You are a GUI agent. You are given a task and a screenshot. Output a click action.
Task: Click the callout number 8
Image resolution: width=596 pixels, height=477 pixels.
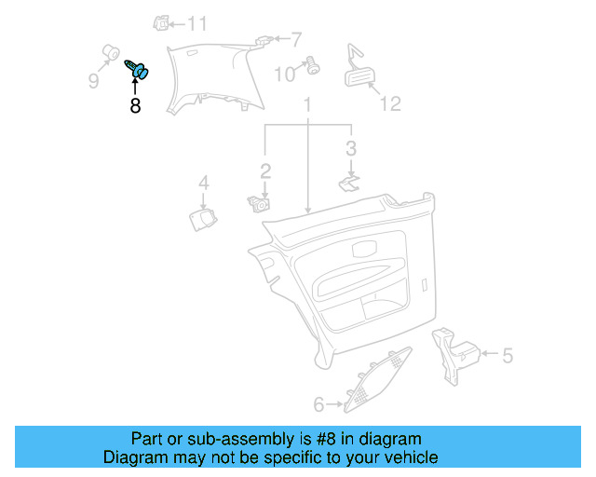pyautogui.click(x=136, y=106)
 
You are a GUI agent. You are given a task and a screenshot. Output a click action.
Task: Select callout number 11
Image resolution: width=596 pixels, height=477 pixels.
pyautogui.click(x=197, y=23)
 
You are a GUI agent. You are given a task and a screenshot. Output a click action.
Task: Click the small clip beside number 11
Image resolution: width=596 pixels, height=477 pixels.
pyautogui.click(x=162, y=22)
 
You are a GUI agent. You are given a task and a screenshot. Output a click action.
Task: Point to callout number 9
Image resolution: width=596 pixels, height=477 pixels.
pyautogui.click(x=94, y=81)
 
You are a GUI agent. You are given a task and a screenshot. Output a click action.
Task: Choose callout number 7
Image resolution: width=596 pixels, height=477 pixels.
pyautogui.click(x=296, y=40)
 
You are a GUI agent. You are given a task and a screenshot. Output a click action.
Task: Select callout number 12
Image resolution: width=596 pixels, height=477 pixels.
pyautogui.click(x=390, y=102)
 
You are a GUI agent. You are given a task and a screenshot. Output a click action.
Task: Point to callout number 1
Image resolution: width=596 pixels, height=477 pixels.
pyautogui.click(x=307, y=109)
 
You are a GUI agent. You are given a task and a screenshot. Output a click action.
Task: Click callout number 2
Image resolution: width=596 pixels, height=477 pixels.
pyautogui.click(x=265, y=170)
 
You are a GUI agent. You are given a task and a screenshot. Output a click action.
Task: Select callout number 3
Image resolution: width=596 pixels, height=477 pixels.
pyautogui.click(x=350, y=147)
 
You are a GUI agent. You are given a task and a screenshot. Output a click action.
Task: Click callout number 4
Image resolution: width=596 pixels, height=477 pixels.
pyautogui.click(x=203, y=183)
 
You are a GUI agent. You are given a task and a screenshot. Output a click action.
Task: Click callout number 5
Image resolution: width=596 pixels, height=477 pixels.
pyautogui.click(x=508, y=355)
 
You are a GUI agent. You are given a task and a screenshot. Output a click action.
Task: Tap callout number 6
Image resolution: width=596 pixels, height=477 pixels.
pyautogui.click(x=318, y=404)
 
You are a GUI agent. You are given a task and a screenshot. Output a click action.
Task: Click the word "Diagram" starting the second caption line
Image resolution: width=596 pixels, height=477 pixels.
pyautogui.click(x=131, y=457)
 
